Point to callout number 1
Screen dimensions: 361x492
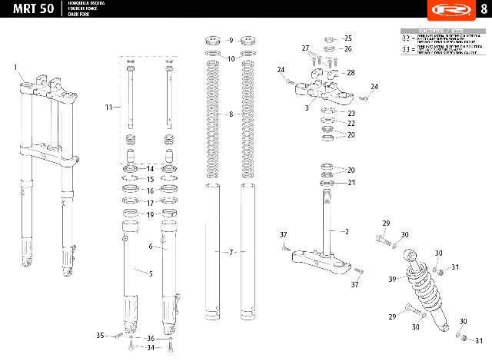pyautogui.click(x=15, y=68)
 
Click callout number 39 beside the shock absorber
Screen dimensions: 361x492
pyautogui.click(x=392, y=279)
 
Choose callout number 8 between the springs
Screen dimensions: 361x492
pyautogui.click(x=230, y=114)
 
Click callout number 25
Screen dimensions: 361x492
pyautogui.click(x=347, y=38)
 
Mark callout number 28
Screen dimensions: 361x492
pyautogui.click(x=351, y=73)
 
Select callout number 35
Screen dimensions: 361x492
pyautogui.click(x=100, y=336)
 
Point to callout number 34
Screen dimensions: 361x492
pyautogui.click(x=150, y=348)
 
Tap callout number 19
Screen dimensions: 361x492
pyautogui.click(x=150, y=214)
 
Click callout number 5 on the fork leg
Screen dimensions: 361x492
pyautogui.click(x=150, y=273)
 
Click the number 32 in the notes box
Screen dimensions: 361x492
pyautogui.click(x=407, y=38)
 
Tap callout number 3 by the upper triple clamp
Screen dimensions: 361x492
pyautogui.click(x=307, y=109)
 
